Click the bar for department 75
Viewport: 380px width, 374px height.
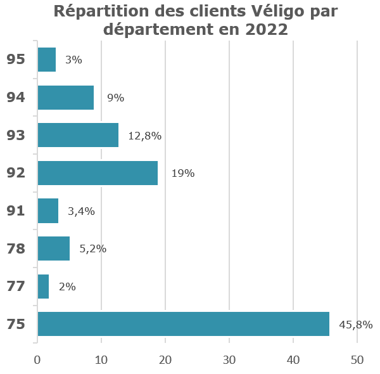pos(184,324)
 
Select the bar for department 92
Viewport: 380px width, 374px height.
pos(98,173)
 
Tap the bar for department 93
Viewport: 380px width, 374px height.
pos(78,135)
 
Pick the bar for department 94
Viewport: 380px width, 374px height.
pos(66,98)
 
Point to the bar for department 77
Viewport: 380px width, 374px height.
pos(43,287)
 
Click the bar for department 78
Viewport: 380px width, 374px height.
pos(54,248)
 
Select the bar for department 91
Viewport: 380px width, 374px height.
pos(48,210)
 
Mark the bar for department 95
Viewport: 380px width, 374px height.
pos(47,60)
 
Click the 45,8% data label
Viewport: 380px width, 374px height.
pos(356,325)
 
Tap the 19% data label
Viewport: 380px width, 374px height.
pos(183,173)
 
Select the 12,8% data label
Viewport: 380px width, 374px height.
pos(145,136)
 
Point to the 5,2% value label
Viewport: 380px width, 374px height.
pos(92,249)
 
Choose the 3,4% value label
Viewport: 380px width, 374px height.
pos(81,211)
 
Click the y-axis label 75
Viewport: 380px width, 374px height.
pos(16,325)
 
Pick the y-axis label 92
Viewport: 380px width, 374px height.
pos(16,173)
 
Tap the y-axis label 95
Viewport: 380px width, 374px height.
pos(16,60)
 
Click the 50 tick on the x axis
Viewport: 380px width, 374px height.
pos(357,360)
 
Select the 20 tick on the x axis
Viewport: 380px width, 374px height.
pos(165,360)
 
